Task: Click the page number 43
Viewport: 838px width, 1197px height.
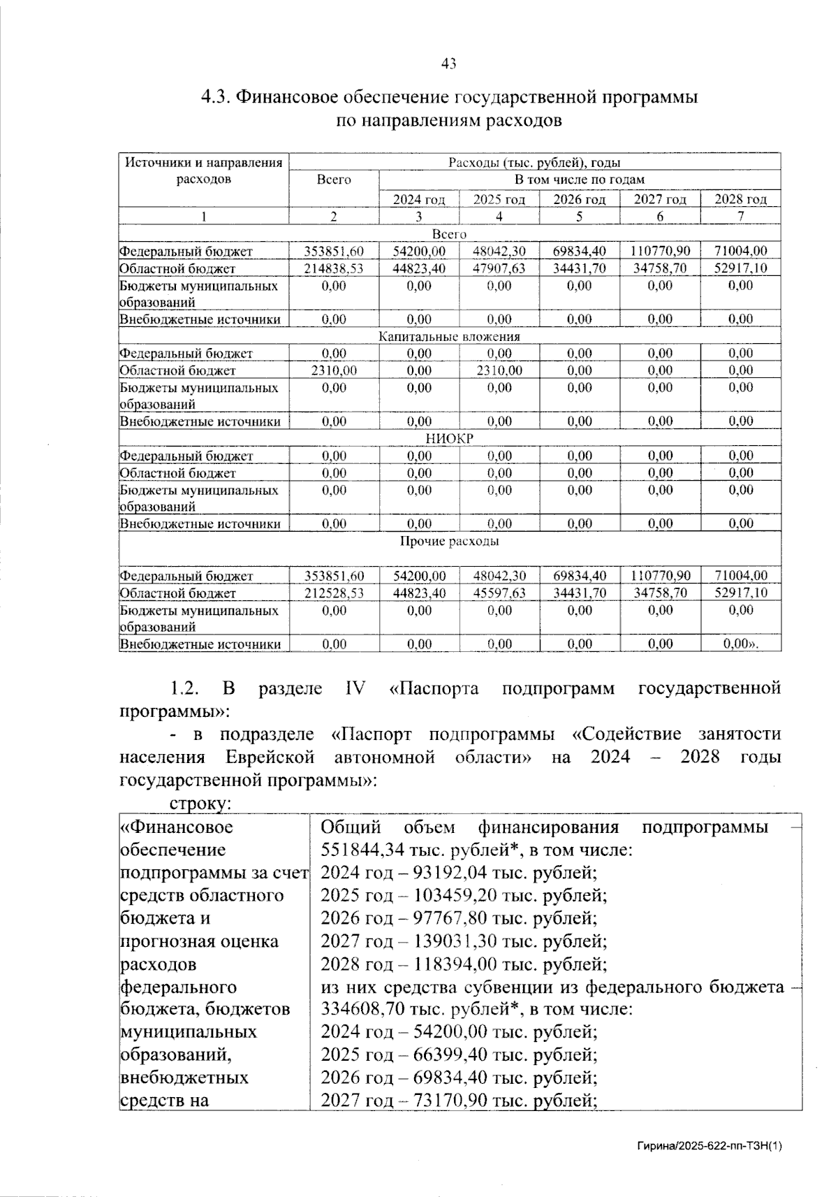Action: click(449, 64)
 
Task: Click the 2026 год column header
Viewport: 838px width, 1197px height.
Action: click(579, 200)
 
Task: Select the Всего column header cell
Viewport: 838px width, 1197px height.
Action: click(334, 180)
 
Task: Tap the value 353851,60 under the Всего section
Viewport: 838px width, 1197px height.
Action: click(334, 252)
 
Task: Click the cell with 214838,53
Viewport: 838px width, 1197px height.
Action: click(334, 268)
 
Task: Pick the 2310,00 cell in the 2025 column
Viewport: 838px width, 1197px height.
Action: click(499, 371)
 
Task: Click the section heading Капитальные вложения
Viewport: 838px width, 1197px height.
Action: click(449, 337)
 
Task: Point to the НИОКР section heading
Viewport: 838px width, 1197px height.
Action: click(449, 439)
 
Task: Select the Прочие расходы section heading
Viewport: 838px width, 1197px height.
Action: click(449, 542)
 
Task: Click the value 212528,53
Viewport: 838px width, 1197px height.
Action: click(334, 593)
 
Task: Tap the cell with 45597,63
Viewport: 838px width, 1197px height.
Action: click(499, 593)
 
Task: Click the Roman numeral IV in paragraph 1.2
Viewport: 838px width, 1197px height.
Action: click(355, 689)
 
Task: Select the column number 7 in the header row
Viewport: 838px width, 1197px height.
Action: click(740, 217)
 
